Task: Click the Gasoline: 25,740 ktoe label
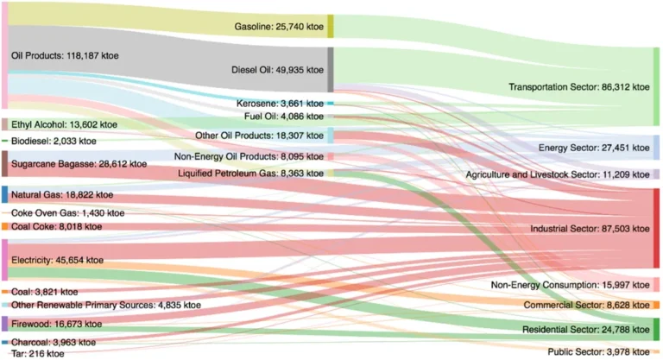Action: (x=279, y=27)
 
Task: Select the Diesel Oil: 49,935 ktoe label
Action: (x=278, y=70)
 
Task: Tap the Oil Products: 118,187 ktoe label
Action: (x=65, y=56)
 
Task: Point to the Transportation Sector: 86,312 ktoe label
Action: (x=578, y=87)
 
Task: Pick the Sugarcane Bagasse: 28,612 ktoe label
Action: (x=66, y=163)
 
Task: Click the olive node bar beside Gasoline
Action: (x=330, y=27)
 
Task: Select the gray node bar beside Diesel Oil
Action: (x=330, y=70)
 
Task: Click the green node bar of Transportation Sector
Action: (x=656, y=87)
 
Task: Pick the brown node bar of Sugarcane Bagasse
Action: (x=4, y=163)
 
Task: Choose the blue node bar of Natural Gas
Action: (x=4, y=195)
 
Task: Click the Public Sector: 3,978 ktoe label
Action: (x=597, y=351)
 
